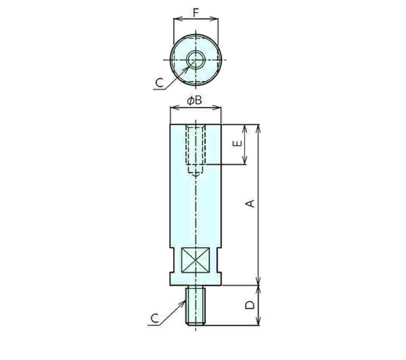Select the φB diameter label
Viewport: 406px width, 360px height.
click(195, 101)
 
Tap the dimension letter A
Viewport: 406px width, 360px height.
click(250, 203)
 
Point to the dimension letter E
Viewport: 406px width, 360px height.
click(237, 143)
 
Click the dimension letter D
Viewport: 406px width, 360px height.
click(250, 305)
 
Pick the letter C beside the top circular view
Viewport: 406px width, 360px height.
click(159, 82)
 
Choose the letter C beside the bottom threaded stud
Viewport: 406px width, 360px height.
click(155, 318)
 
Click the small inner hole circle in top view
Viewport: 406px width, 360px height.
click(196, 60)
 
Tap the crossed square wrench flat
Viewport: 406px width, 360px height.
click(195, 260)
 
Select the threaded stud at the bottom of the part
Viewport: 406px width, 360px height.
click(195, 305)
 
